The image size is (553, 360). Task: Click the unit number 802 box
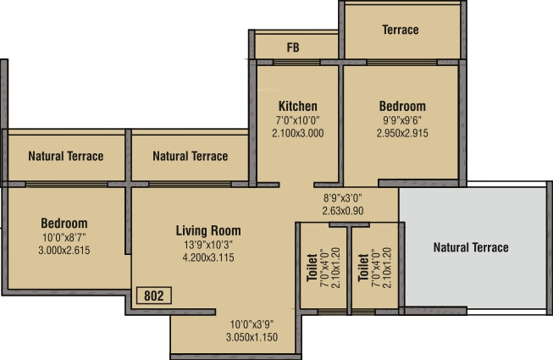click(153, 296)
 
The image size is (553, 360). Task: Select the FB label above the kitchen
click(293, 47)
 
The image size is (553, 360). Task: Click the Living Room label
click(208, 230)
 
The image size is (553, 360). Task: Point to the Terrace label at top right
click(400, 30)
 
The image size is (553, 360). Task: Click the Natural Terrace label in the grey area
click(471, 247)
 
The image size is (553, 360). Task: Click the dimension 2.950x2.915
click(402, 133)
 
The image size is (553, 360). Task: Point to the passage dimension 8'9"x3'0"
click(342, 198)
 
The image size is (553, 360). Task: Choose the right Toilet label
click(362, 267)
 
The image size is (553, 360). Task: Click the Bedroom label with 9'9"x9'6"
click(402, 106)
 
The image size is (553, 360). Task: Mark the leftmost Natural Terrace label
click(65, 156)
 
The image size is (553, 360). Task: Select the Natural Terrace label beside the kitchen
click(191, 156)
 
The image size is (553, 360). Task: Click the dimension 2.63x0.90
click(342, 211)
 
